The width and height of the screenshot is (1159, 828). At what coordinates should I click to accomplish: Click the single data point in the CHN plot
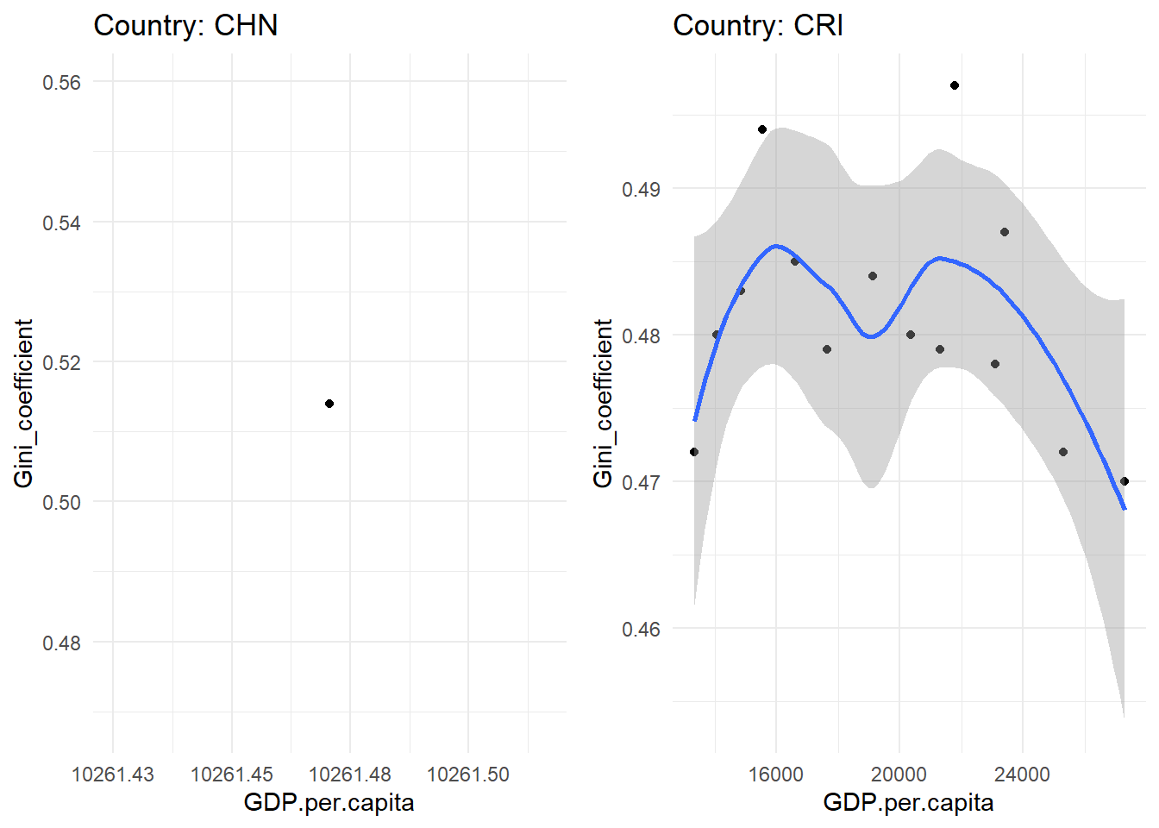[x=329, y=404]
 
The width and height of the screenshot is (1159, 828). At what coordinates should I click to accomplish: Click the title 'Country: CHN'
[x=185, y=26]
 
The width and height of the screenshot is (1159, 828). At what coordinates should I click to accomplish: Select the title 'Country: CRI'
[x=758, y=26]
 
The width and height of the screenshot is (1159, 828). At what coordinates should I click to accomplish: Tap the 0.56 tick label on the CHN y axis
[x=61, y=83]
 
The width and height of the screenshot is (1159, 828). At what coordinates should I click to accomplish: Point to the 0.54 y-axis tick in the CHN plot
[x=61, y=223]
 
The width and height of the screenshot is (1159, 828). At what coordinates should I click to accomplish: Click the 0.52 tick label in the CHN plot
[x=61, y=363]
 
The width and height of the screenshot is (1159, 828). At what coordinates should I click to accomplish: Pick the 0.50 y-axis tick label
[x=61, y=503]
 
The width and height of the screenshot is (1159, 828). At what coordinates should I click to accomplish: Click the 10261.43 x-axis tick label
[x=113, y=775]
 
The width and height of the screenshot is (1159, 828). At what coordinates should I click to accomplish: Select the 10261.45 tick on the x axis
[x=231, y=775]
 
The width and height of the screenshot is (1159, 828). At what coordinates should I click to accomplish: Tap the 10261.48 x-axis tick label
[x=350, y=775]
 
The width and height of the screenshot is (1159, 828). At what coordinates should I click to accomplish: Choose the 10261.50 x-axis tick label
[x=468, y=775]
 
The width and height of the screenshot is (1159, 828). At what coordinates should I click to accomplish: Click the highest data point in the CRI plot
[x=955, y=85]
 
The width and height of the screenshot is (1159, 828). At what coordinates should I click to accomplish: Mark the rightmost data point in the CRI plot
[x=1125, y=481]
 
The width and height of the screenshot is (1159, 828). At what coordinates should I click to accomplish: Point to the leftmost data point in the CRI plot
[x=694, y=452]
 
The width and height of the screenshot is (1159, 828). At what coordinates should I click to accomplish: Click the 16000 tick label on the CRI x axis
[x=775, y=775]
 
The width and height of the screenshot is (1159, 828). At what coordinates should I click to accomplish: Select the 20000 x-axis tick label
[x=899, y=775]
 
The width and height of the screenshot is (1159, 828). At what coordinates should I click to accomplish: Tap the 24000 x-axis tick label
[x=1022, y=775]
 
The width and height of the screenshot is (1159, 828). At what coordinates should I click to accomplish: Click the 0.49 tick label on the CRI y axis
[x=641, y=190]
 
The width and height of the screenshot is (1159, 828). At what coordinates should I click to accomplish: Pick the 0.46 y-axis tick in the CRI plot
[x=641, y=630]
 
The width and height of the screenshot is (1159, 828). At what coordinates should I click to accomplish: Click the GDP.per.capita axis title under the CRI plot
[x=908, y=803]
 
